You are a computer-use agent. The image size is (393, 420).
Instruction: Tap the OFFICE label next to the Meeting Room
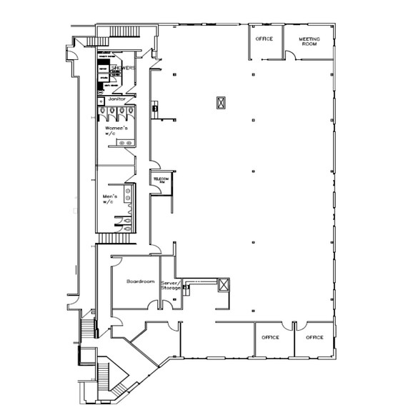click(264, 38)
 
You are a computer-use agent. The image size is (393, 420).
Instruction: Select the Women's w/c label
click(116, 130)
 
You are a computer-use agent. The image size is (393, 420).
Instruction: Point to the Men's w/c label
click(109, 199)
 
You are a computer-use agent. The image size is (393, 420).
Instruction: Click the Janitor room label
click(116, 99)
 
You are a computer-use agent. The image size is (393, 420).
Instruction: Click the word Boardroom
click(141, 281)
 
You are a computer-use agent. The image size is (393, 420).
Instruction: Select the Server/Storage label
click(171, 284)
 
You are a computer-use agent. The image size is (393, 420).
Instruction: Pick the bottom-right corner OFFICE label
click(314, 336)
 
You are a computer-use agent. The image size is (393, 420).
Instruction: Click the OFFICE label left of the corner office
click(269, 336)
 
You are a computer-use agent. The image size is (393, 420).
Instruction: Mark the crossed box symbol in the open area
click(221, 102)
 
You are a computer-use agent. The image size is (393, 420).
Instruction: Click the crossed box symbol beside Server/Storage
click(224, 285)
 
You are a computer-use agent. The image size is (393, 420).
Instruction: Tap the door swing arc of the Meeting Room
click(289, 54)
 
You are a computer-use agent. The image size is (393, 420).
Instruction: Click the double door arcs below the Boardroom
click(151, 304)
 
